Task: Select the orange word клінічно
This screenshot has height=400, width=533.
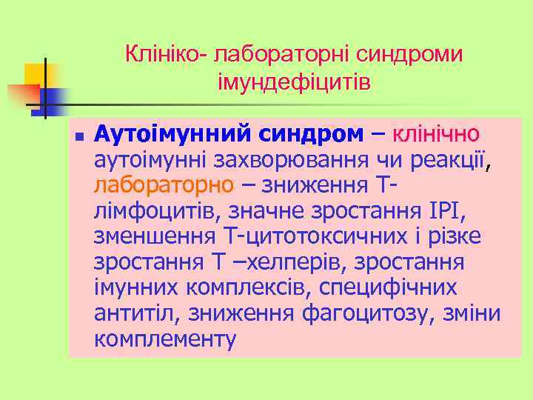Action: [436, 135]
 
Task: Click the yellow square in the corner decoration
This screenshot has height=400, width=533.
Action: [34, 74]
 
